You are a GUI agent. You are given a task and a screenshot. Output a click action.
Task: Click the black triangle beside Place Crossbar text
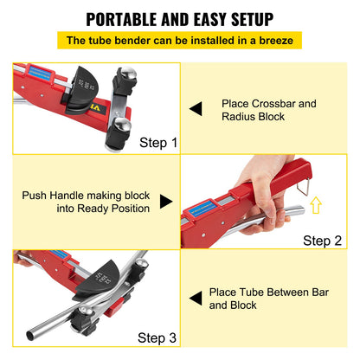196,109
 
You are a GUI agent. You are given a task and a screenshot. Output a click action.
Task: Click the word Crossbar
272,104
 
